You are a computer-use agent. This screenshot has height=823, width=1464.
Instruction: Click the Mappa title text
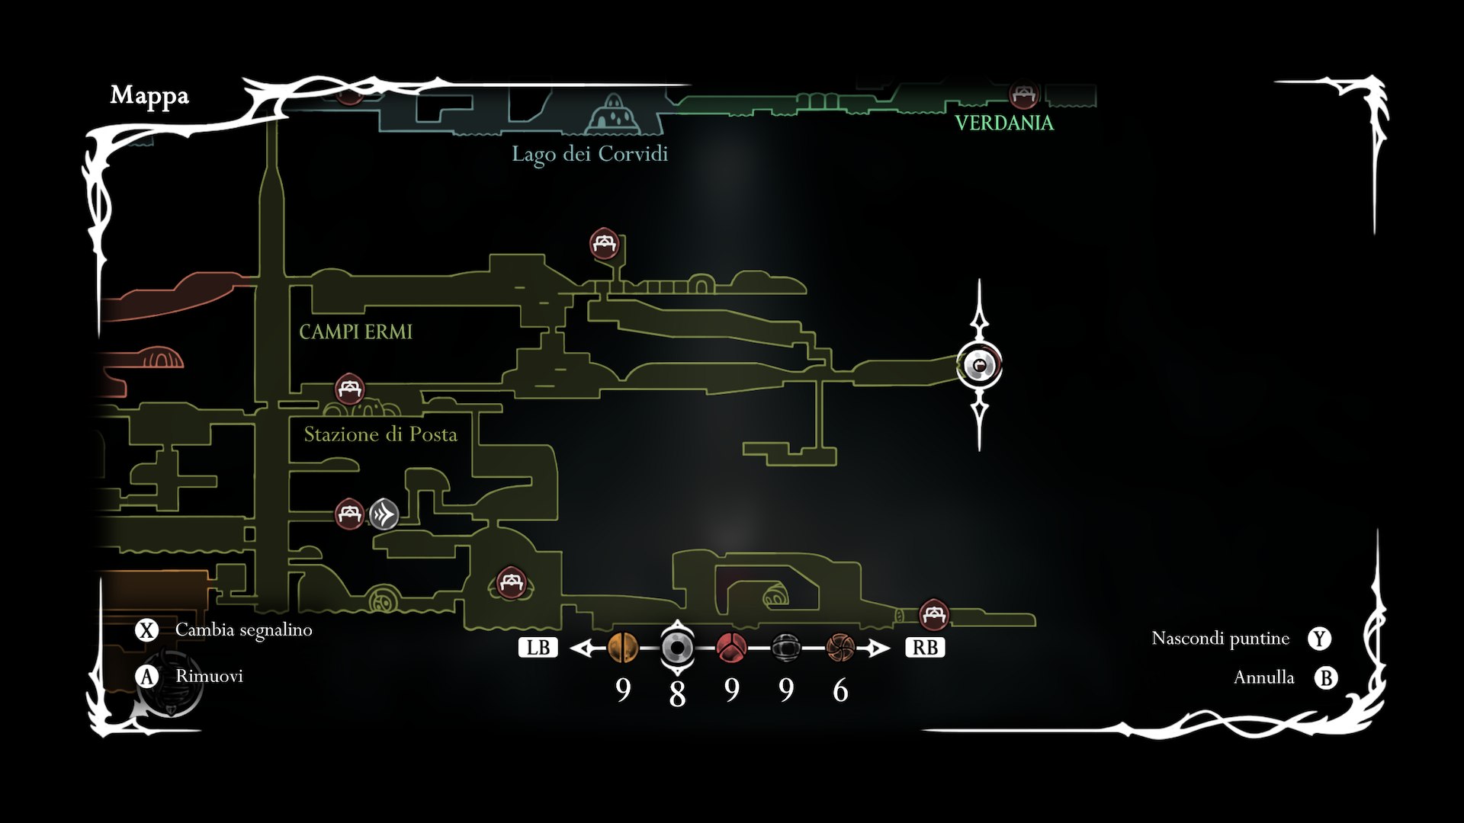point(149,95)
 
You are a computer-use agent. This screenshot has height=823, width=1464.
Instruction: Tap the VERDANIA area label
point(1004,123)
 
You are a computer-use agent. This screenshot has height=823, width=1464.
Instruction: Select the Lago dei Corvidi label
point(589,154)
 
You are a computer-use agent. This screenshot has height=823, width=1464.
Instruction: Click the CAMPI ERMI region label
point(355,331)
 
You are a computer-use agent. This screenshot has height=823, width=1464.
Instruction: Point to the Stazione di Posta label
point(380,434)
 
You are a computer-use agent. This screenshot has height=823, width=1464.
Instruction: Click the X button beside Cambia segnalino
point(146,630)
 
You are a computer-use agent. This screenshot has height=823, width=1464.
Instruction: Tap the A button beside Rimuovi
point(146,676)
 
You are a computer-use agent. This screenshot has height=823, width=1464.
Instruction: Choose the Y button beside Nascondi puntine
point(1319,639)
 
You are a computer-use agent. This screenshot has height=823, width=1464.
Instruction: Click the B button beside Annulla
point(1326,677)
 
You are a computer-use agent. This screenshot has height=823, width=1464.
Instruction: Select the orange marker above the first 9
point(623,648)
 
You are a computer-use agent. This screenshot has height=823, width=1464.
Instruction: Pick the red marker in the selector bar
point(731,648)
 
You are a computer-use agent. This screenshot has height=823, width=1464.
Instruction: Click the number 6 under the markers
point(840,690)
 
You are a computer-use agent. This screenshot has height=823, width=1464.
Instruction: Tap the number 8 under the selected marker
point(677,694)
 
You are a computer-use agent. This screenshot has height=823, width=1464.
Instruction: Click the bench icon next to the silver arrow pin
point(349,514)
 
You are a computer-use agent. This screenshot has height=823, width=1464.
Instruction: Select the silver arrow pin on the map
point(384,514)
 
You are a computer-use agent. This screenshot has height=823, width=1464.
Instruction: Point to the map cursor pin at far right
point(980,366)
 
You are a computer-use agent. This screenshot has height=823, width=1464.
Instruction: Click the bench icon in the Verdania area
point(1023,95)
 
